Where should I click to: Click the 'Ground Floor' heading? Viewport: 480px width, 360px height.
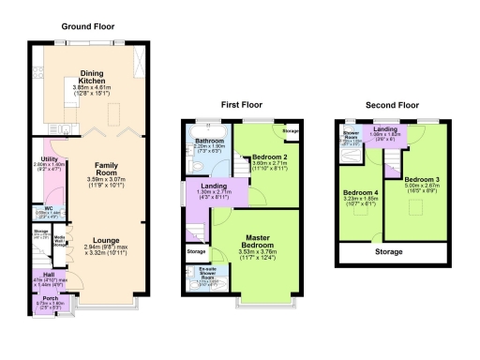point(88,26)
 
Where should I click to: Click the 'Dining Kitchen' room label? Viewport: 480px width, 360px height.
point(91,77)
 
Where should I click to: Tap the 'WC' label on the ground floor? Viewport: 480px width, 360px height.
point(46,208)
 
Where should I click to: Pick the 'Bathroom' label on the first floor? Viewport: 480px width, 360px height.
point(208,141)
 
